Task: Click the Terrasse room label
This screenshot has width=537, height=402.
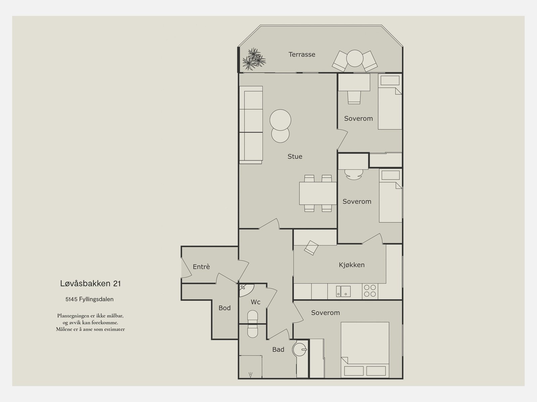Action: [x=302, y=54]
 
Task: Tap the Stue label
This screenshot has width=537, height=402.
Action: [x=295, y=156]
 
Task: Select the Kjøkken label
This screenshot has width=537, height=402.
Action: [x=351, y=265]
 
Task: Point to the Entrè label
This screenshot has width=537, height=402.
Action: [x=201, y=266]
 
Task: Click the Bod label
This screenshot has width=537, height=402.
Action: [x=224, y=308]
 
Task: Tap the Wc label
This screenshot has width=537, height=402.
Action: [x=255, y=302]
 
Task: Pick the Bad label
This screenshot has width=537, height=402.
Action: [x=278, y=349]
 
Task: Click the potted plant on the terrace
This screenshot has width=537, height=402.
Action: [x=254, y=59]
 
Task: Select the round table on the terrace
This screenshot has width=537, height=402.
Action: [x=354, y=58]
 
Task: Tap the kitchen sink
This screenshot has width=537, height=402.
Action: [x=343, y=291]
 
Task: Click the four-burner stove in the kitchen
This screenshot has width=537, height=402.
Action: [x=370, y=291]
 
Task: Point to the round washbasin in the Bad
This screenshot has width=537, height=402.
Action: [x=299, y=349]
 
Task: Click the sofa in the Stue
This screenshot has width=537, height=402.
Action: [x=251, y=125]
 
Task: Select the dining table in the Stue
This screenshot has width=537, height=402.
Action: [x=318, y=193]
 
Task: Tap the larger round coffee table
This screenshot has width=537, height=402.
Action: [x=280, y=120]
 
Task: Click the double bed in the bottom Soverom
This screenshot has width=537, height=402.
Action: [x=365, y=350]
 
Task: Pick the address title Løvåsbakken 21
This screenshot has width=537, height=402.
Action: [x=91, y=284]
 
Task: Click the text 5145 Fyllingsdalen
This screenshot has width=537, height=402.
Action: [x=90, y=299]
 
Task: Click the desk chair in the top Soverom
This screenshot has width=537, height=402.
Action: [x=354, y=97]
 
